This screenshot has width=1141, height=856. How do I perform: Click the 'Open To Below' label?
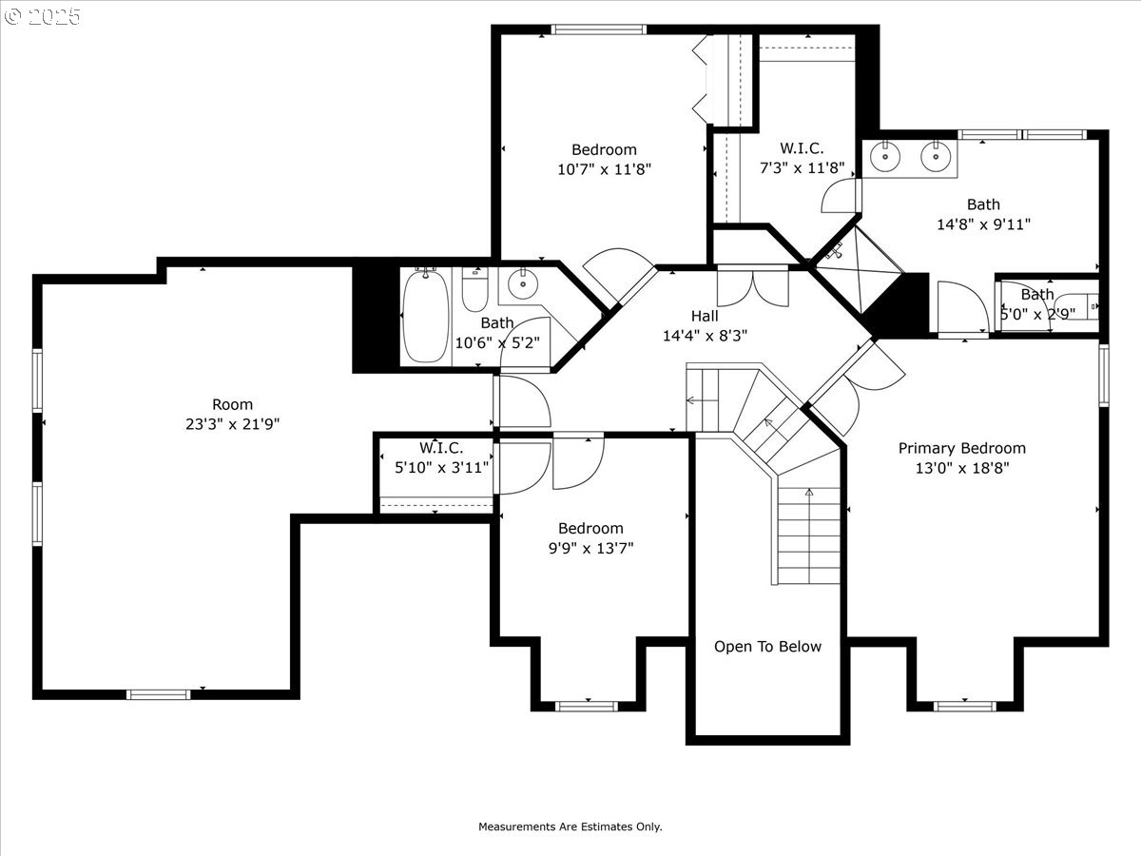(767, 647)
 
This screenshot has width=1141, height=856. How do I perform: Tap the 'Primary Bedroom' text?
(961, 448)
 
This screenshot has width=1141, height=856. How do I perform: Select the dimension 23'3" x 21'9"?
(232, 424)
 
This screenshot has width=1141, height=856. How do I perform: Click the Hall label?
(705, 316)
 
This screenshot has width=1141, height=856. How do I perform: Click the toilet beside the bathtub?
(475, 289)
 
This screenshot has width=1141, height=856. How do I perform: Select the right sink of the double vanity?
(936, 155)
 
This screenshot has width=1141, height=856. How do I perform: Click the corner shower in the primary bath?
(858, 269)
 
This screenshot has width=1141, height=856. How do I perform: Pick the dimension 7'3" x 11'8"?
(803, 168)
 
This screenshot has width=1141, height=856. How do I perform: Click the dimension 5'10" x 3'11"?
(441, 468)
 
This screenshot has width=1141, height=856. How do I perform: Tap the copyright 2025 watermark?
(43, 16)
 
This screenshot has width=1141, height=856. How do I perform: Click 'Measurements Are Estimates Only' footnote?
(570, 827)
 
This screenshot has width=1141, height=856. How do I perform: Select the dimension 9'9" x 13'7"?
(591, 549)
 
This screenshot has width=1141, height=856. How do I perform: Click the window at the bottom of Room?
(159, 694)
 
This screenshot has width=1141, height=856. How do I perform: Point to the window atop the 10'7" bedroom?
(599, 29)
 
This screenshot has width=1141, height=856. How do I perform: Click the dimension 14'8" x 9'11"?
(983, 224)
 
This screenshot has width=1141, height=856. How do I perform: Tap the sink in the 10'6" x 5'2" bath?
(523, 283)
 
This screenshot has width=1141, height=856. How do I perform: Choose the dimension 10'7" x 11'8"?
(604, 169)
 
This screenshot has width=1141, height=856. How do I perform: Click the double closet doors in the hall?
(753, 286)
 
